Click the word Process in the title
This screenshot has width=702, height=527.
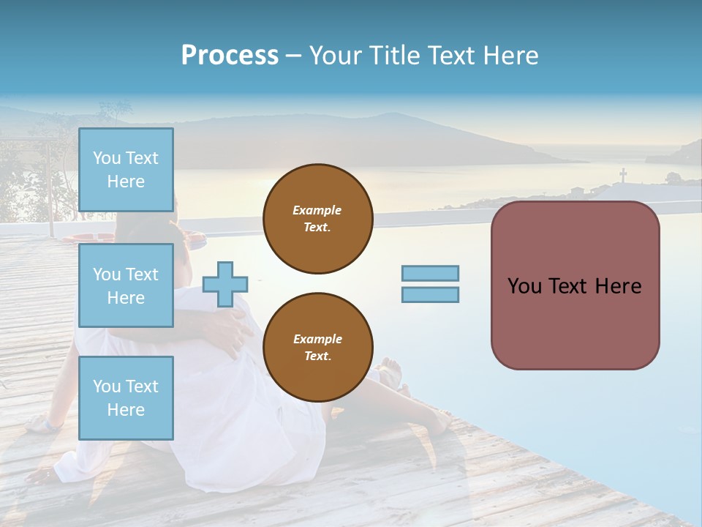[x=230, y=56]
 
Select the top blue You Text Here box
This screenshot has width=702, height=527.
[x=126, y=170]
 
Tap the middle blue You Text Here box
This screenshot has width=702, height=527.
[x=126, y=285]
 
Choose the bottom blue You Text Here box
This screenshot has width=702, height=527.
[x=126, y=397]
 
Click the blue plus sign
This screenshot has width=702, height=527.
[x=225, y=284]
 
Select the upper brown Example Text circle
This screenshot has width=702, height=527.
[x=318, y=219]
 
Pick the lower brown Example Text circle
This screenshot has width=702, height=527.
[x=318, y=348]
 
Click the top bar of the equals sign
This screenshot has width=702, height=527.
[x=430, y=273]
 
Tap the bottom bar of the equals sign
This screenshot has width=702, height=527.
[x=430, y=294]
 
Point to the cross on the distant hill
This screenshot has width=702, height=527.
[x=623, y=175]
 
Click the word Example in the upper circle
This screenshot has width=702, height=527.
[x=317, y=210]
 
